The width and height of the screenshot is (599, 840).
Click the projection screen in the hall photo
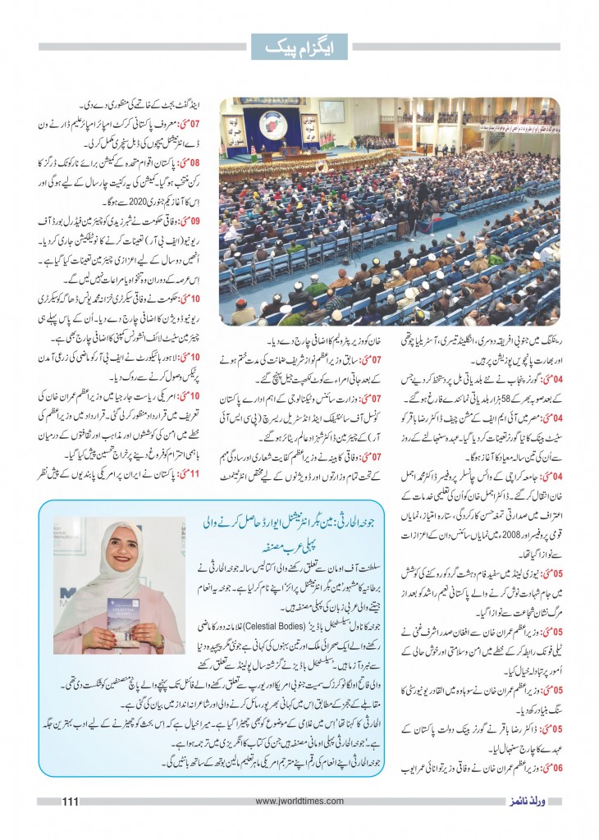click(x=332, y=112)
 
